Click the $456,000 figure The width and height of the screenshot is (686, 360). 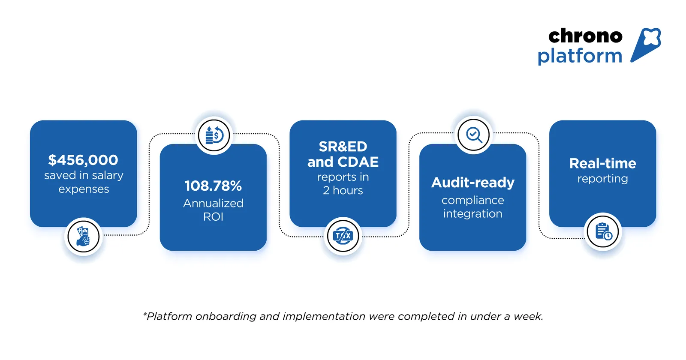point(83,160)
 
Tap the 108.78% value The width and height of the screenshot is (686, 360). point(213,186)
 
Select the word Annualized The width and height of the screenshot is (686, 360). point(213,203)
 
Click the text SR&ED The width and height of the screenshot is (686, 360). point(343,147)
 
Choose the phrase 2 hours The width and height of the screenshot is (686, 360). point(343,191)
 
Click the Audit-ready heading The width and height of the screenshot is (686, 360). point(472,183)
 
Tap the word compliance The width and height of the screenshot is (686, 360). point(472,200)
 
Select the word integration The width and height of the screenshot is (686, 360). point(472,214)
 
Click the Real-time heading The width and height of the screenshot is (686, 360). point(602,163)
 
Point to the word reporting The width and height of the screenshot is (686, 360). point(602,179)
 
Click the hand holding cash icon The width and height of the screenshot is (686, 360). point(84,236)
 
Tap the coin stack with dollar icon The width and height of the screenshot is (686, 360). point(214,135)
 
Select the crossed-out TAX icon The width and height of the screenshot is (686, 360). point(343,236)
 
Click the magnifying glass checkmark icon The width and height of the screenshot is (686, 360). point(473,135)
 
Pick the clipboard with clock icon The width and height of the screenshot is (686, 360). point(603,232)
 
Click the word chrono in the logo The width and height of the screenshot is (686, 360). point(585,36)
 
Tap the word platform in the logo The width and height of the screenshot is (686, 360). point(580,56)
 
